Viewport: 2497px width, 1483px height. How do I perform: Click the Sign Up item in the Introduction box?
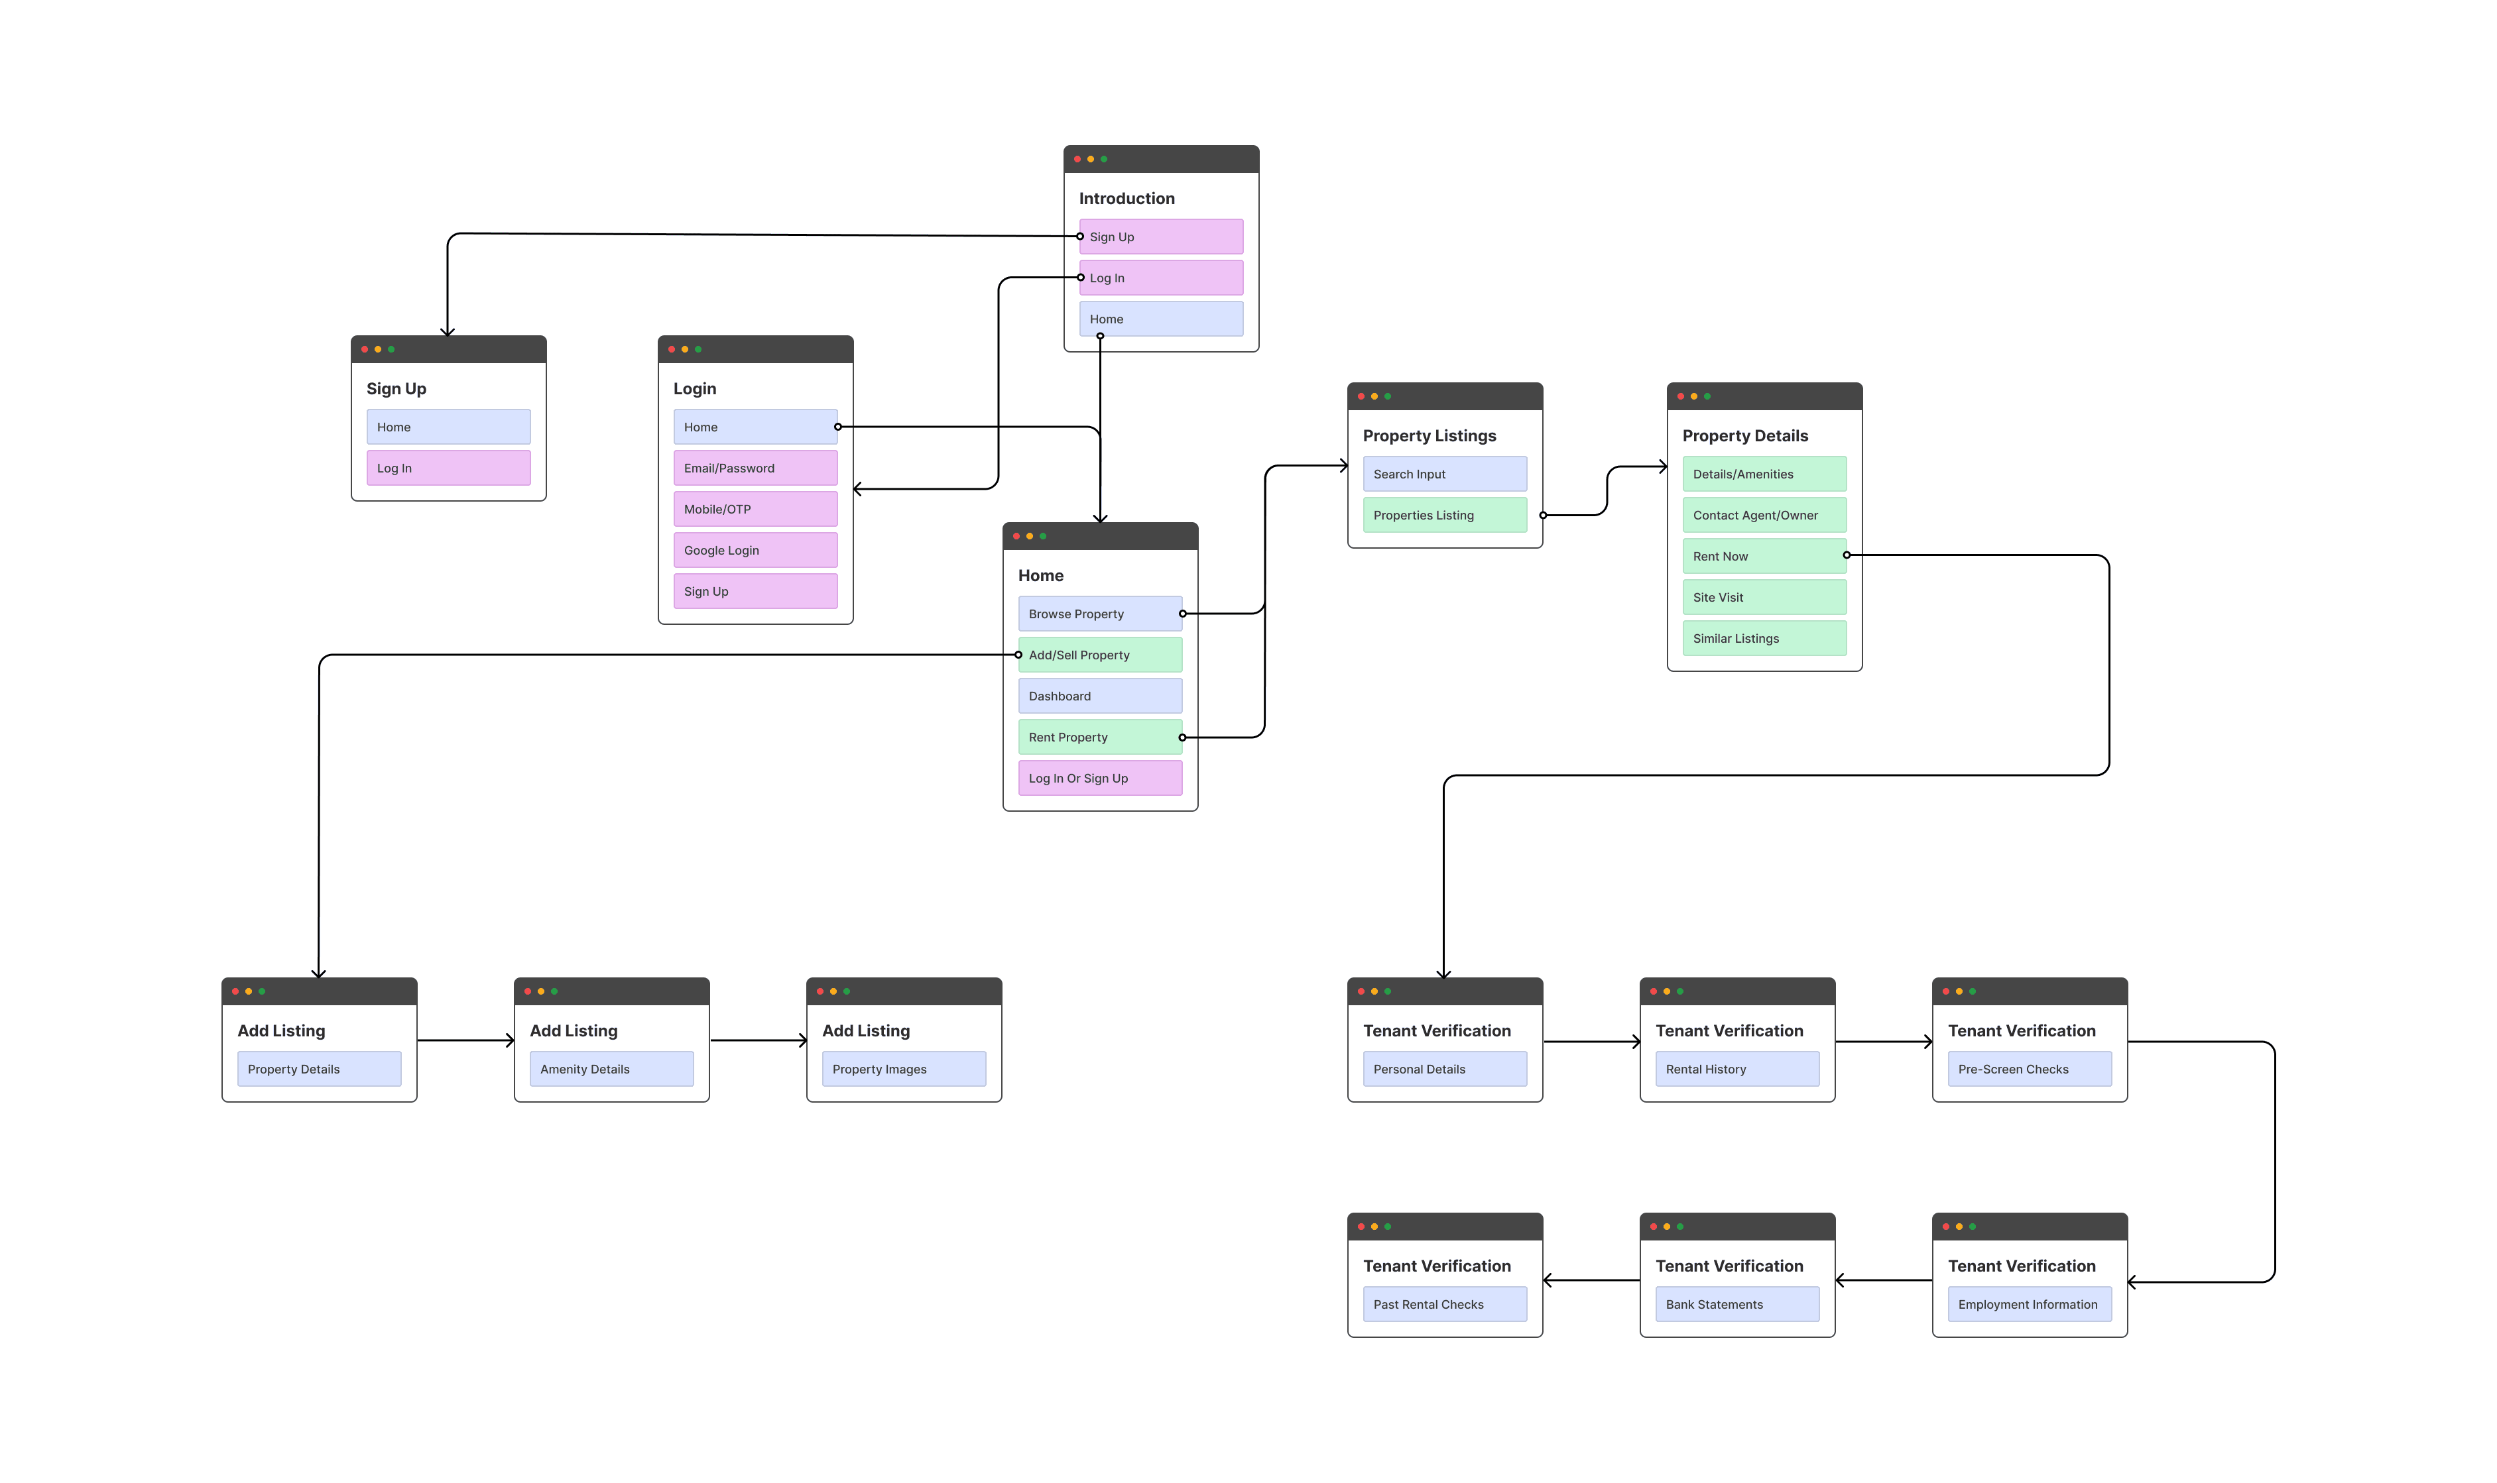pos(1160,237)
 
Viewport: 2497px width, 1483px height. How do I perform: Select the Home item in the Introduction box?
pos(1160,319)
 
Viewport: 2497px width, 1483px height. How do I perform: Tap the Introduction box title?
pos(1127,198)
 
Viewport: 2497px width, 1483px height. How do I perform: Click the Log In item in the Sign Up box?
pos(448,468)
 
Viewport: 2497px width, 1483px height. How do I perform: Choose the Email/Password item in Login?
pos(755,468)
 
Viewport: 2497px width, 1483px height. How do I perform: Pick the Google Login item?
pos(755,549)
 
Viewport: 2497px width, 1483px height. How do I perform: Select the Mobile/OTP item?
pos(755,509)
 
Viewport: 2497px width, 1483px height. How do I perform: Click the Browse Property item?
pos(1099,614)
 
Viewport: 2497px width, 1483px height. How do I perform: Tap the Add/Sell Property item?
pos(1099,655)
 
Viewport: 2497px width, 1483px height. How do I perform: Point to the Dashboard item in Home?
pos(1099,696)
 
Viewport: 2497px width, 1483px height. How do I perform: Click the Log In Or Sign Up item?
pos(1099,777)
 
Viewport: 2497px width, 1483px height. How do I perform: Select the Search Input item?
pos(1444,474)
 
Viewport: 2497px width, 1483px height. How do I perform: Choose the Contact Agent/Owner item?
pos(1764,515)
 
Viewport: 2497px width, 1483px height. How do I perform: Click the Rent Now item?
pos(1764,555)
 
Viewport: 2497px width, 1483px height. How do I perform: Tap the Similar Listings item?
pos(1764,637)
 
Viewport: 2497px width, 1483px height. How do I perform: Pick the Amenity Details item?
pos(611,1068)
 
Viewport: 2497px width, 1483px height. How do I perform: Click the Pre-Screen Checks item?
pos(2029,1068)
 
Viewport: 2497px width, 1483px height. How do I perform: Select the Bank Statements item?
pos(1737,1304)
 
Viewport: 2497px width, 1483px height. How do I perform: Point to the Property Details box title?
pos(1744,436)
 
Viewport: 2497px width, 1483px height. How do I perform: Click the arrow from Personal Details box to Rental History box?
pos(1591,1041)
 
